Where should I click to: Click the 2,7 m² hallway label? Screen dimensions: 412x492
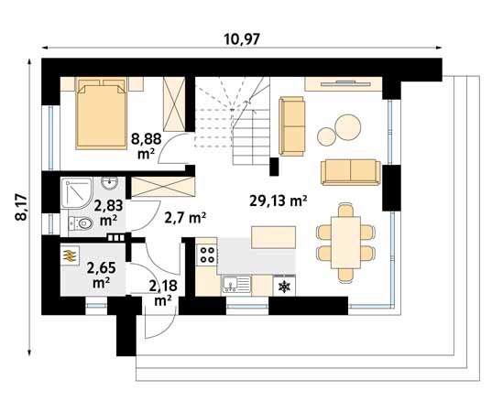(x=185, y=217)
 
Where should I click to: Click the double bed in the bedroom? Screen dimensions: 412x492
(x=101, y=114)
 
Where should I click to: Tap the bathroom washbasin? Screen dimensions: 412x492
(x=109, y=183)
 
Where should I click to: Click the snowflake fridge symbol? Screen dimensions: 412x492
(x=284, y=287)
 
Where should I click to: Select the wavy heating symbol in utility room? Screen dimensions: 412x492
(x=70, y=256)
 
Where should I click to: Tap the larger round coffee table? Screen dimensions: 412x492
(x=347, y=125)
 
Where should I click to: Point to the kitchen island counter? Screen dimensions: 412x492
(x=274, y=237)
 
